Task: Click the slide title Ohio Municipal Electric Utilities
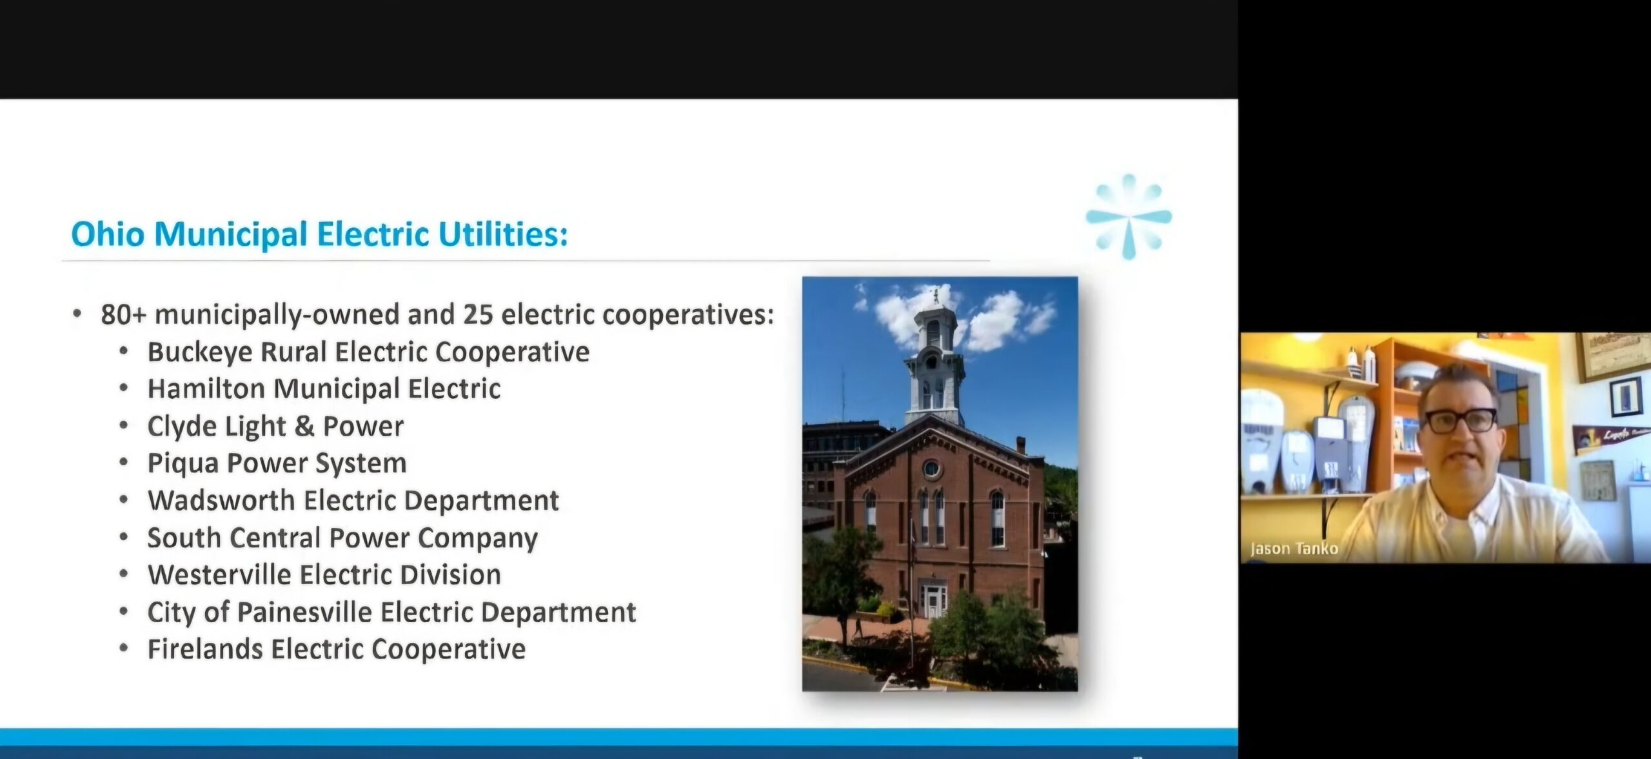tap(319, 234)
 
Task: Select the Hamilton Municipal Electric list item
tap(324, 389)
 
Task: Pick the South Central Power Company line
tap(342, 538)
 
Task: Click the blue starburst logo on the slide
tap(1129, 216)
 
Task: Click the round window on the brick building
tap(931, 468)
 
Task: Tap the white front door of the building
tap(933, 600)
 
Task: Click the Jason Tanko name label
tap(1294, 549)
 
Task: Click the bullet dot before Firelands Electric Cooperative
tap(124, 648)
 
